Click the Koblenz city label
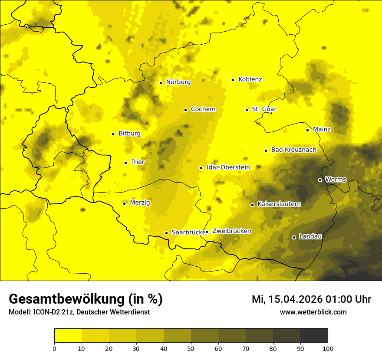click(250, 79)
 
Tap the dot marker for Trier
click(126, 163)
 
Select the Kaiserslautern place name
click(279, 204)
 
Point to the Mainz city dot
click(307, 130)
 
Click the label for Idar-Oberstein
click(228, 167)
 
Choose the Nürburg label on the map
click(178, 82)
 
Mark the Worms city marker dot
click(320, 180)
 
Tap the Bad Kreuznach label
click(293, 150)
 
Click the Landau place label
click(310, 236)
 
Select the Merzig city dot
click(124, 203)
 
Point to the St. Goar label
click(264, 109)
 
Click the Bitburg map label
click(129, 134)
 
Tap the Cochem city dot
click(185, 110)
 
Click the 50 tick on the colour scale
click(191, 348)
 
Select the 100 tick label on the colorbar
click(327, 348)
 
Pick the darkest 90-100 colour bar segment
click(314, 336)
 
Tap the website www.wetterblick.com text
click(313, 312)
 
